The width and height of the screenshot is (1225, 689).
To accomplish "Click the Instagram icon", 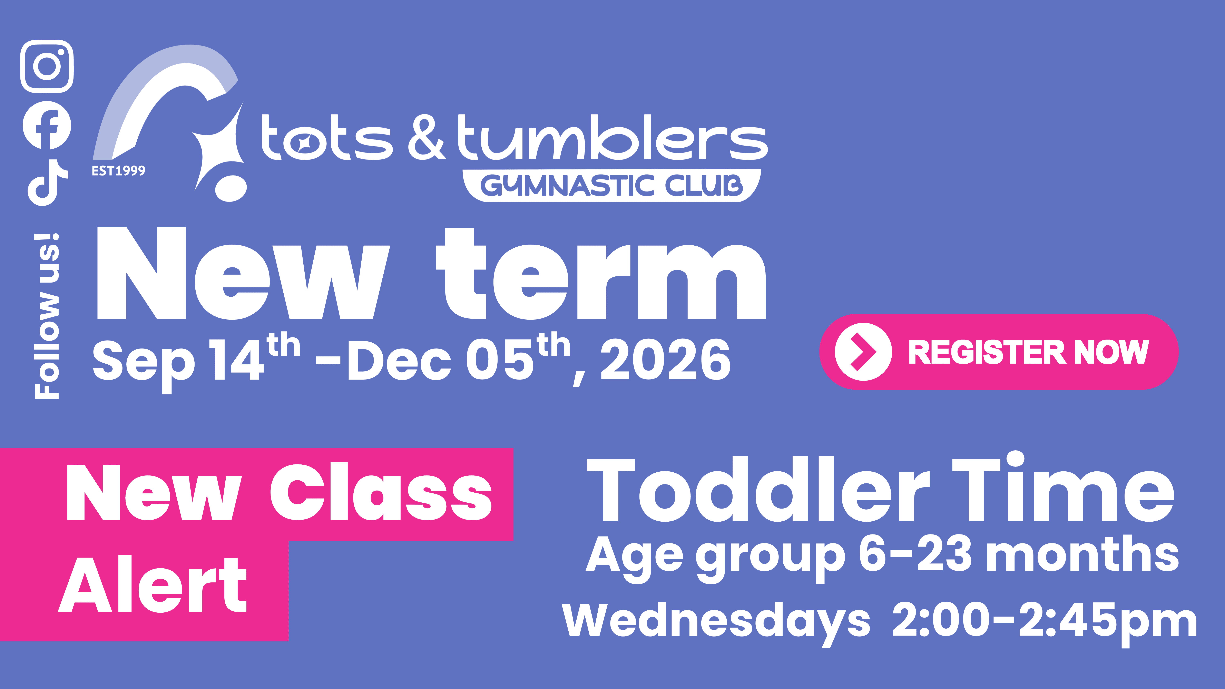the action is tap(47, 66).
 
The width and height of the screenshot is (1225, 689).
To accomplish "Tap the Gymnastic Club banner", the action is tap(612, 185).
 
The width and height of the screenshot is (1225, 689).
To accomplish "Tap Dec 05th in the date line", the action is tap(459, 359).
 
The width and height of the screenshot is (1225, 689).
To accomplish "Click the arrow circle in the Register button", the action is tap(863, 352).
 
